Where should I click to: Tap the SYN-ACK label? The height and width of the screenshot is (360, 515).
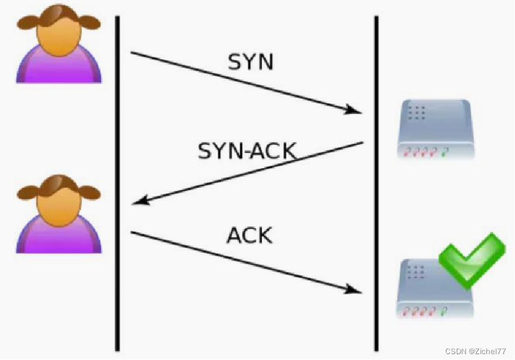point(247,151)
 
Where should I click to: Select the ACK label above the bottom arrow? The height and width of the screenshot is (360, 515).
point(249,235)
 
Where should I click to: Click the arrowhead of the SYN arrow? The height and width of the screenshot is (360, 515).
point(353,109)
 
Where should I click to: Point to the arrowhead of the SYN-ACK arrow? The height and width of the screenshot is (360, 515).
point(140,201)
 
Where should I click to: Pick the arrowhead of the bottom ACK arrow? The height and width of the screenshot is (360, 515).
point(353,289)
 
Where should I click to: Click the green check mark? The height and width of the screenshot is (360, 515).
point(471,260)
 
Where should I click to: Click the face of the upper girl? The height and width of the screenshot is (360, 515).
point(59,32)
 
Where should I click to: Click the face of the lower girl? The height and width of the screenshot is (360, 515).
point(59,202)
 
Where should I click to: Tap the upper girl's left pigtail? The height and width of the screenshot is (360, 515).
point(27,22)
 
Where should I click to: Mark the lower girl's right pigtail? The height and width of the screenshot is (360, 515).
point(89,191)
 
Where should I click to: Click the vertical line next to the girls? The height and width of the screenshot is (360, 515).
point(117,181)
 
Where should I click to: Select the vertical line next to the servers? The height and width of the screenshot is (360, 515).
point(376,181)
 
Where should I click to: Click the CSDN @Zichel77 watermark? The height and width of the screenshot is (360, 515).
point(475,351)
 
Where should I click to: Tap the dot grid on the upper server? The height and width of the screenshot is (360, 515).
point(417,112)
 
